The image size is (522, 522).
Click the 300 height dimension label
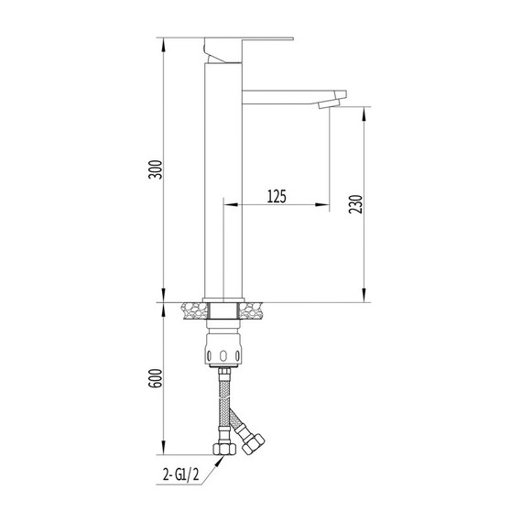(x=155, y=169)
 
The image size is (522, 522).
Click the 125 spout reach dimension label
(x=277, y=196)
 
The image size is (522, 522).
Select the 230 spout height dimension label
(x=355, y=204)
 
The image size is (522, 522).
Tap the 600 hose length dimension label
(x=155, y=378)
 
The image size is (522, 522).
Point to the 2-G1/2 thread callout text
(x=181, y=474)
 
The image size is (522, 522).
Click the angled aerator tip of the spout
(x=329, y=103)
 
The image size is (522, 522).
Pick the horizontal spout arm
(x=294, y=97)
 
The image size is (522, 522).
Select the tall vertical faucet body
(x=223, y=180)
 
